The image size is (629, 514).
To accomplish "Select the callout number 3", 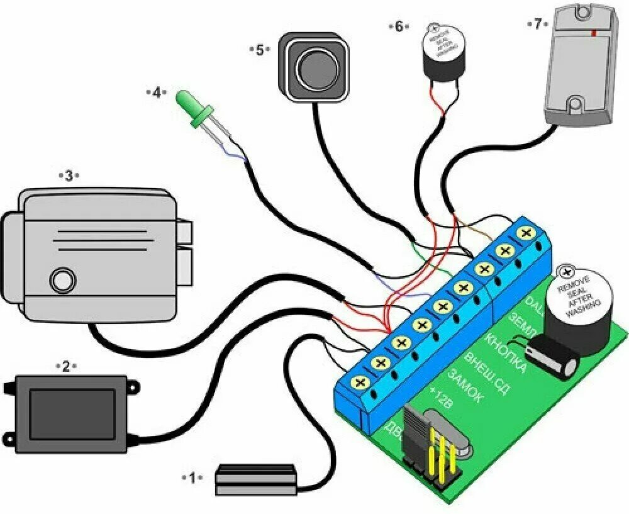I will (x=69, y=176).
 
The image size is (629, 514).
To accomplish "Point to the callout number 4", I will (x=157, y=92).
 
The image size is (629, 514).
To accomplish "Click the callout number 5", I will (x=260, y=50).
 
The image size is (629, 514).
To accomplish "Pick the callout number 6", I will (x=399, y=26).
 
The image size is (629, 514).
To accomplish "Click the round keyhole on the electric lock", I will (x=62, y=280).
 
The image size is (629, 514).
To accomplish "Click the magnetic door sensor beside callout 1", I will (x=256, y=481).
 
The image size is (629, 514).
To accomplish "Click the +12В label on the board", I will (x=440, y=401).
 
